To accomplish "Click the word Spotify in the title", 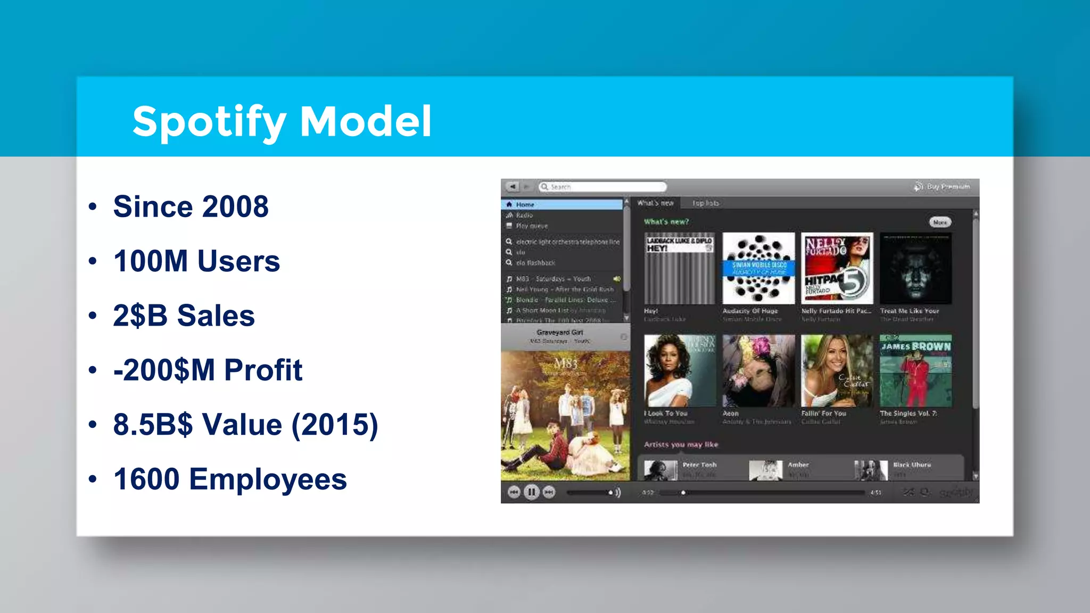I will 209,122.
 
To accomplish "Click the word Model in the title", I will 366,121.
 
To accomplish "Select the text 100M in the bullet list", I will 151,261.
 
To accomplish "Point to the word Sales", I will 216,316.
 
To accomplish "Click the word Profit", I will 263,370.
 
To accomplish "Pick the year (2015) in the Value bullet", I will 334,425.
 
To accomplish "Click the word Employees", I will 268,479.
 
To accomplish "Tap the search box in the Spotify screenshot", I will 603,187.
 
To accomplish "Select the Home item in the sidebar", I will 525,204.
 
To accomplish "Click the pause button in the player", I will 531,492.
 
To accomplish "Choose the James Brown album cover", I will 915,371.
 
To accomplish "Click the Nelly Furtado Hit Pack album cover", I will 837,268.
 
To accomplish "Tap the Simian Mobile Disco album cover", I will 758,268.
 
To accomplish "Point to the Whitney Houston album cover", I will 680,371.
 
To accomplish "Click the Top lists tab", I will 705,203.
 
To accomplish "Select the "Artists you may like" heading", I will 681,444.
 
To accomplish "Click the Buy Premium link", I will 947,187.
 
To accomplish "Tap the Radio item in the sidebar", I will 524,215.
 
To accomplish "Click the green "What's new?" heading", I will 666,221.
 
